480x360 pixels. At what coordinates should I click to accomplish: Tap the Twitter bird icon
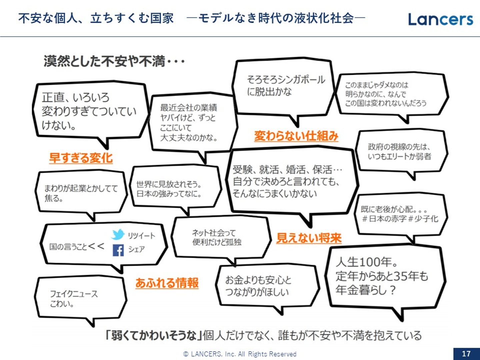coord(118,234)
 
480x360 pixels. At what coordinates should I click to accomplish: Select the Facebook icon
coord(118,250)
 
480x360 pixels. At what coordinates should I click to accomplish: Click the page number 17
coord(466,354)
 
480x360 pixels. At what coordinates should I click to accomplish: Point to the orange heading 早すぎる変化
coord(81,158)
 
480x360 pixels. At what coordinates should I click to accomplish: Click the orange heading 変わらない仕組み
coord(296,136)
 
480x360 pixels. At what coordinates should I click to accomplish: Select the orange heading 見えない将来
coord(309,238)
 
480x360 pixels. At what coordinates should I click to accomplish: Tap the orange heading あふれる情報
coord(167,283)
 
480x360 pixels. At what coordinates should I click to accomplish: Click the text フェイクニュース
coord(74,294)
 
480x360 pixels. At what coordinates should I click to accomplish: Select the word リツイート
coord(142,236)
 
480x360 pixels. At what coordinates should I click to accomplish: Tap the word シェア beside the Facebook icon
coord(137,249)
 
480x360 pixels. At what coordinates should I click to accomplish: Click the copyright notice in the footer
coord(240,354)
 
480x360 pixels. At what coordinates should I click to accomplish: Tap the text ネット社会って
coord(214,233)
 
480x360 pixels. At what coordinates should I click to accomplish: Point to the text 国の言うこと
coord(68,247)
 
